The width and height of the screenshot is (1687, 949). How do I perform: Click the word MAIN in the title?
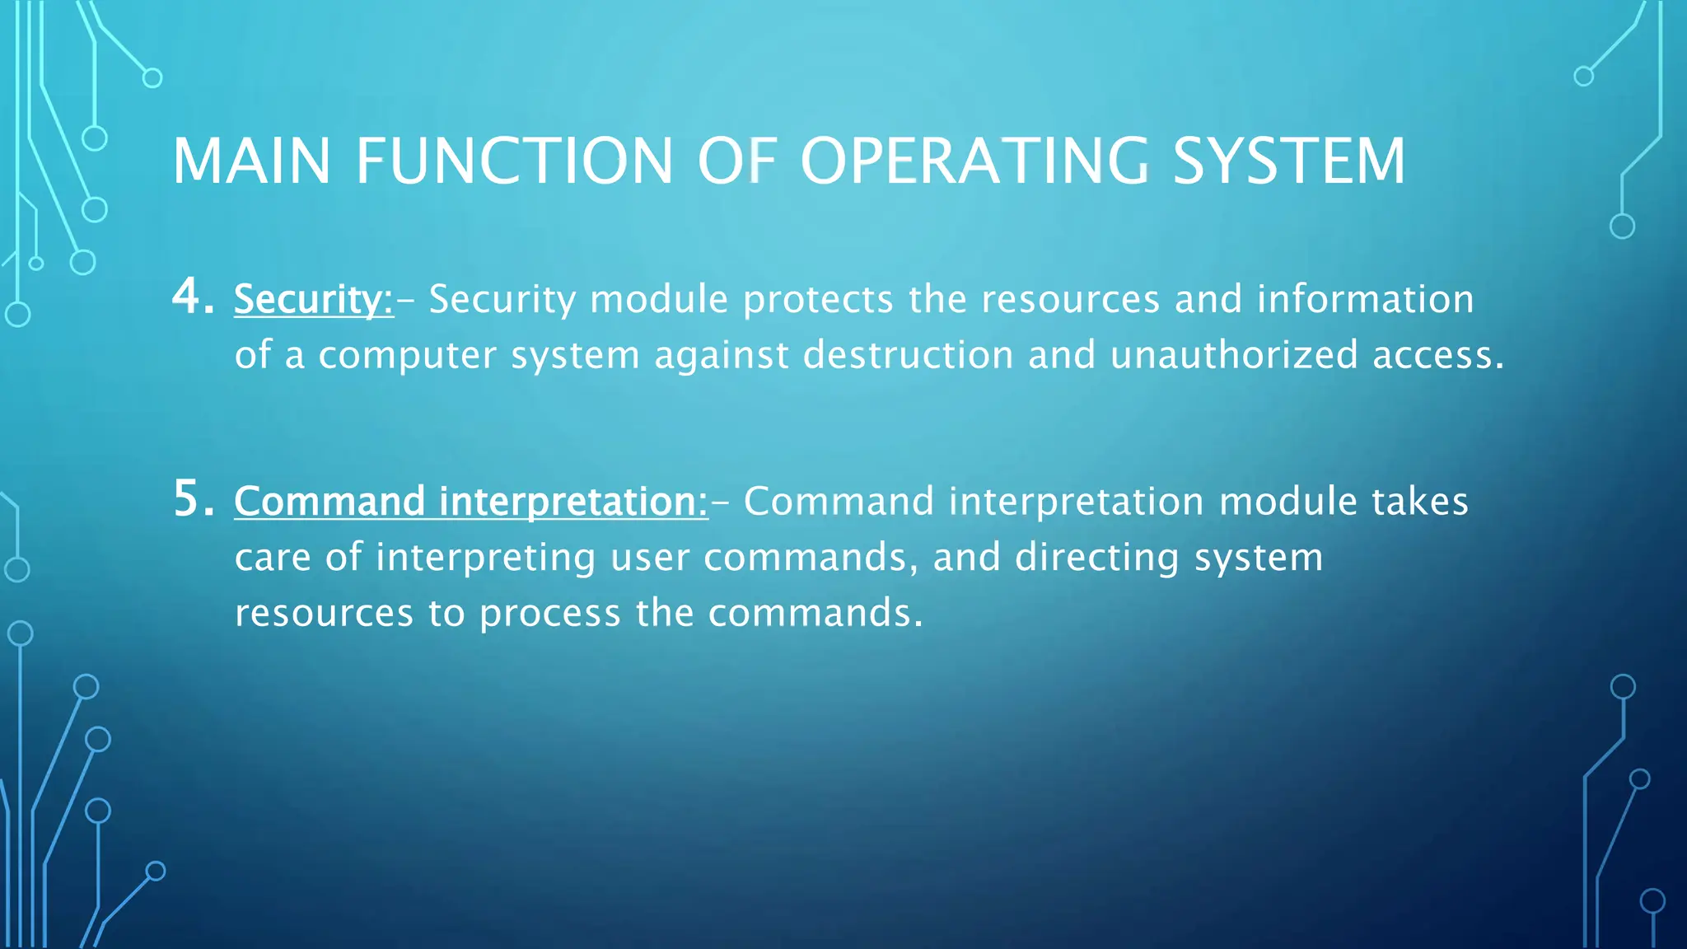[x=251, y=161]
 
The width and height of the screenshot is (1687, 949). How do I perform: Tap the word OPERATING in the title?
[x=974, y=161]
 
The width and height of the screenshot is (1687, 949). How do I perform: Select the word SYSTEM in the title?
[x=1288, y=161]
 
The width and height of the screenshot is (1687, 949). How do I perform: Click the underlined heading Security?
[x=314, y=299]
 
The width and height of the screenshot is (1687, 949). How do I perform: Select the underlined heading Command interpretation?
[x=470, y=502]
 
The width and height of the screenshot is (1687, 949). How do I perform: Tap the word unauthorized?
[x=1233, y=355]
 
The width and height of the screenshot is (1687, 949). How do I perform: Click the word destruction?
[x=908, y=355]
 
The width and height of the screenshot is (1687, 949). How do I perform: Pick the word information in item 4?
[x=1365, y=299]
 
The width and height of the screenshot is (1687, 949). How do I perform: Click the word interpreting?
[x=485, y=559]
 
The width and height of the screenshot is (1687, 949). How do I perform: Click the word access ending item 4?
[x=1437, y=355]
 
